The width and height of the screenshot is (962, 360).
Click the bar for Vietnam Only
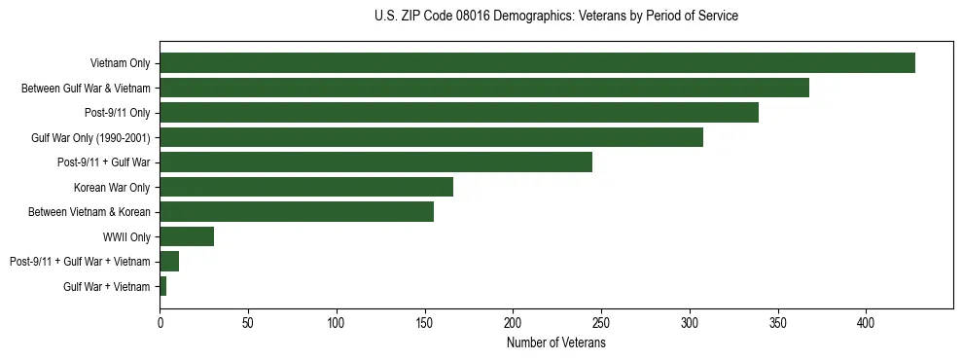(x=537, y=63)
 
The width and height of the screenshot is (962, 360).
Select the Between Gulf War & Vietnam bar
(x=484, y=88)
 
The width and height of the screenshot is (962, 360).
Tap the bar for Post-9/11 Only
(x=459, y=113)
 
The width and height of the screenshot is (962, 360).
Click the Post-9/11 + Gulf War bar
(x=375, y=162)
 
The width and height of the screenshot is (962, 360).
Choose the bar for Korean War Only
(x=306, y=187)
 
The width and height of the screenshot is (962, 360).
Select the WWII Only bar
(x=187, y=236)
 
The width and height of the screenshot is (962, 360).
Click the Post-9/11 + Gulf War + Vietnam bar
(x=169, y=262)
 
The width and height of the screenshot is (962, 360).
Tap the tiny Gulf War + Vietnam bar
(x=163, y=286)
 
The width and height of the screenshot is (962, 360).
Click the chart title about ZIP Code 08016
(x=556, y=17)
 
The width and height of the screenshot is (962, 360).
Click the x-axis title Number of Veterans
(x=556, y=343)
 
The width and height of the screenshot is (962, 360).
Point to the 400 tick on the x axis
(x=866, y=322)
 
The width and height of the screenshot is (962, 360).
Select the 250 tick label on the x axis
(x=601, y=322)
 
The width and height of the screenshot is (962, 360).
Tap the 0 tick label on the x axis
(x=160, y=322)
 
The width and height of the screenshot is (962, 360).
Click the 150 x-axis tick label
(x=425, y=322)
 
